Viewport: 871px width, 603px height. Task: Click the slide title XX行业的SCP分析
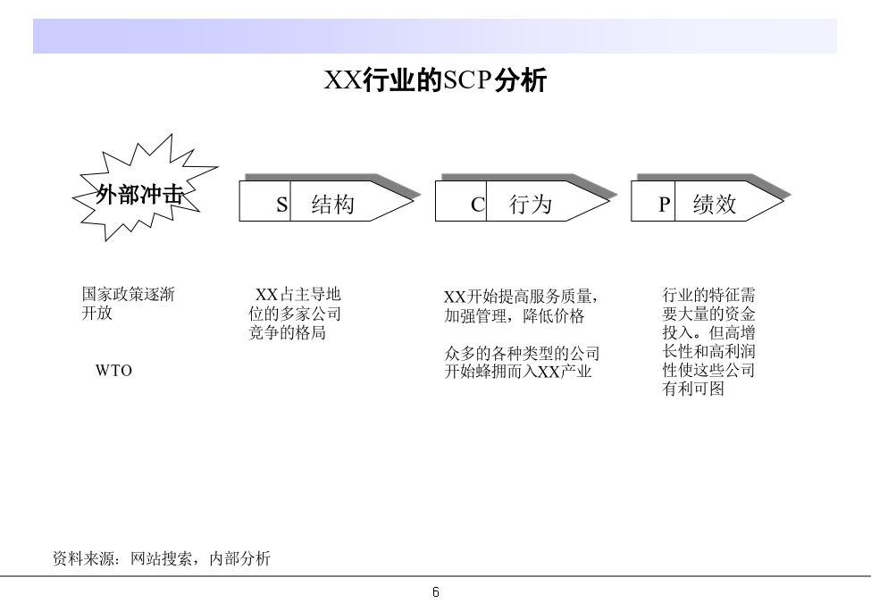(x=435, y=80)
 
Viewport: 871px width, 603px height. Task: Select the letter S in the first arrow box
(x=282, y=205)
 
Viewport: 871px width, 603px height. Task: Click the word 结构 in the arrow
(x=332, y=205)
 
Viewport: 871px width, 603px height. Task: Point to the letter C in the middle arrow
(x=477, y=205)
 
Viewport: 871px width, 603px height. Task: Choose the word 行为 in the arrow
(x=531, y=205)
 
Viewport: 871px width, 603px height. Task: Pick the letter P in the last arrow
(x=664, y=205)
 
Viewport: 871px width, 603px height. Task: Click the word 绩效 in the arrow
(x=715, y=205)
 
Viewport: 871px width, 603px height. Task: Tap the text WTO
(x=113, y=371)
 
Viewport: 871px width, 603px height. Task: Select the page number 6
(x=436, y=592)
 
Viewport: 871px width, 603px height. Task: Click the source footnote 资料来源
(x=162, y=558)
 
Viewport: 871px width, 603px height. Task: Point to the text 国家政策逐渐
(x=129, y=294)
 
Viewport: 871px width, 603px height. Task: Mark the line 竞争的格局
(x=287, y=332)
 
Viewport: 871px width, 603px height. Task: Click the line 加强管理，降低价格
(x=515, y=316)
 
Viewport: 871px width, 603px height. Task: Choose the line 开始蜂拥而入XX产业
(x=518, y=371)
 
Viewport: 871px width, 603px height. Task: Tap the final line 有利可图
(x=693, y=389)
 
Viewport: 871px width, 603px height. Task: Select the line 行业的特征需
(x=708, y=294)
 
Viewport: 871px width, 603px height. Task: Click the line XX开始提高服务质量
(x=521, y=297)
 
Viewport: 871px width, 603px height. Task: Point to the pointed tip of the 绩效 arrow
(x=783, y=200)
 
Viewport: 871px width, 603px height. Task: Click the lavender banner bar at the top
(x=435, y=36)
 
